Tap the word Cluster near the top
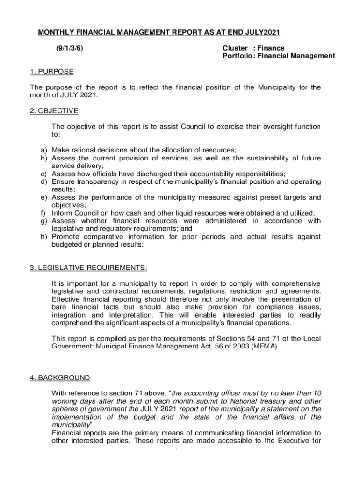point(235,48)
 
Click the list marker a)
point(43,150)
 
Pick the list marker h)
point(43,237)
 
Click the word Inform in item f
point(61,213)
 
